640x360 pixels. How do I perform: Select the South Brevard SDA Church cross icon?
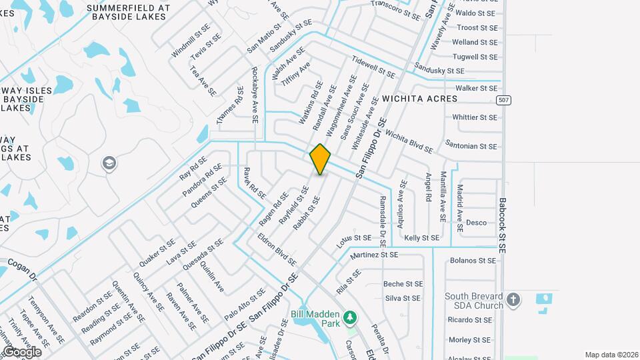pos(513,300)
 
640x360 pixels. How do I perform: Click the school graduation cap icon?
pos(109,163)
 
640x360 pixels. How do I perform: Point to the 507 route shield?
pos(504,99)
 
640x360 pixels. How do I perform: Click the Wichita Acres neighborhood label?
pos(419,99)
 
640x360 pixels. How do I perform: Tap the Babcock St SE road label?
pos(503,225)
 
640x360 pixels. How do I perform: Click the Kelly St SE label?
pos(421,238)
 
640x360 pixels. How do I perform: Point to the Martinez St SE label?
pos(373,255)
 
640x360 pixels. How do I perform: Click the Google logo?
pos(21,351)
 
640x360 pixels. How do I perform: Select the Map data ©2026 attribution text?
pos(611,355)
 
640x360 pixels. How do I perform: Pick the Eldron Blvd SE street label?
pos(276,247)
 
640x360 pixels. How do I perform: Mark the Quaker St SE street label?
pos(157,254)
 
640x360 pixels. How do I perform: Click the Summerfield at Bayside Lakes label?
pos(128,13)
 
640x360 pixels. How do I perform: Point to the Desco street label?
pos(476,223)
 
